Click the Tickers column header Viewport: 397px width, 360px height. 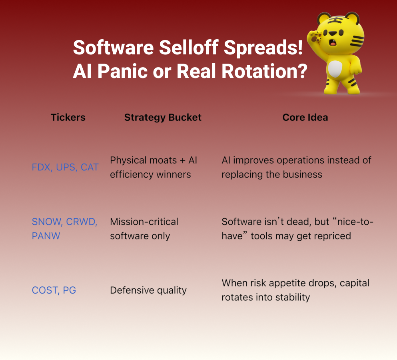(x=68, y=118)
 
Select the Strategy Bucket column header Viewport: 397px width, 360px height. (x=163, y=118)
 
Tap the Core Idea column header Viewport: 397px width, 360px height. (x=305, y=118)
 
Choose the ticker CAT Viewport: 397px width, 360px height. (x=90, y=168)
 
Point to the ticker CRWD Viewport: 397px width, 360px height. (x=82, y=222)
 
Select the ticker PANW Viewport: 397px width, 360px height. (x=46, y=236)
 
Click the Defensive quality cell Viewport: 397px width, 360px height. (x=148, y=290)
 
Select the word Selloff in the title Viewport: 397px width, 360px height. (x=189, y=47)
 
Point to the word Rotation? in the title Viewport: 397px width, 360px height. (x=264, y=71)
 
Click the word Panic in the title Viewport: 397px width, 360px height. (x=122, y=71)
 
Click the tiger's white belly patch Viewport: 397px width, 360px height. (x=335, y=69)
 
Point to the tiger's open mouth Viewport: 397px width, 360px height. (x=333, y=43)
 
